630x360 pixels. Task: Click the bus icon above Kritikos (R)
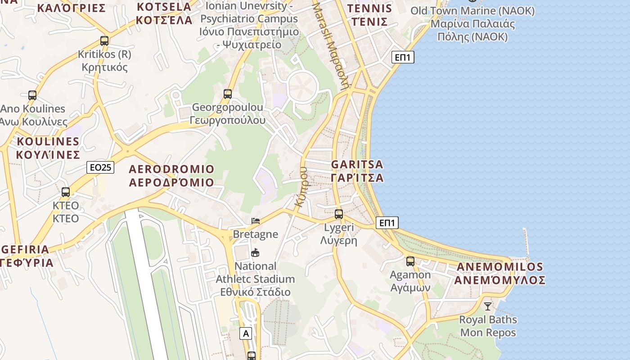tap(104, 41)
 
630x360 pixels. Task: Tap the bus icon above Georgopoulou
tap(228, 94)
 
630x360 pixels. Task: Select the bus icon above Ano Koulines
tap(32, 95)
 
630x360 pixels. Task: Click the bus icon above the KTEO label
tap(66, 192)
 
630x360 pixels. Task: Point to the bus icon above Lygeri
tap(339, 214)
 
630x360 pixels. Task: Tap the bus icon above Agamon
tap(410, 261)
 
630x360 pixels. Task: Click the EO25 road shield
tap(100, 167)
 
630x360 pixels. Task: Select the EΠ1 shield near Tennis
tap(403, 57)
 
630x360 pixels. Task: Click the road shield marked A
tap(245, 333)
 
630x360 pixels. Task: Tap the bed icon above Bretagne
tap(256, 221)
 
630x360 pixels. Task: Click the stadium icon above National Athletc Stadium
tap(256, 252)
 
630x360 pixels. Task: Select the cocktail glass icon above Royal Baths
tap(488, 306)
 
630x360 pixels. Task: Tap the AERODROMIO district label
tap(171, 176)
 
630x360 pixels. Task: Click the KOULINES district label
tap(48, 148)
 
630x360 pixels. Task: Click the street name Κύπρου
tap(301, 187)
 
